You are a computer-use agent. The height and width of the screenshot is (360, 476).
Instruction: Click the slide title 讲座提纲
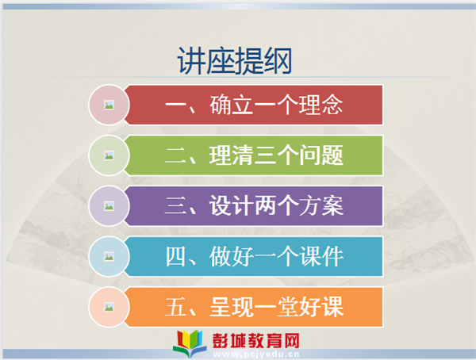[x=234, y=61]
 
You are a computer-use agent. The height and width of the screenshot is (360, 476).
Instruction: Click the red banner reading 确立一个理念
[x=254, y=105]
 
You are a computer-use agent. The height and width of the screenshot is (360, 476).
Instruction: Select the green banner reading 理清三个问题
[x=254, y=155]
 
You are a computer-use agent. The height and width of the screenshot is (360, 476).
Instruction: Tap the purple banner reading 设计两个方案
[x=254, y=206]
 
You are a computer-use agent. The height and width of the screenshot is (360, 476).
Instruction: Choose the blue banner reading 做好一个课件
[x=254, y=256]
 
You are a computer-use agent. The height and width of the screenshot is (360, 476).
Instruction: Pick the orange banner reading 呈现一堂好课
[x=254, y=307]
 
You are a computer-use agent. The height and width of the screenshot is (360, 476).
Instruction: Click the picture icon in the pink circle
[x=109, y=105]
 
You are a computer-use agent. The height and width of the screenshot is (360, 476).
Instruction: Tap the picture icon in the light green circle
[x=109, y=155]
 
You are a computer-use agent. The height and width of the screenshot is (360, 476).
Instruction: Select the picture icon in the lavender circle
[x=109, y=206]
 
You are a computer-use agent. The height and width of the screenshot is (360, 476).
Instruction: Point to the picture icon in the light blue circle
[x=109, y=256]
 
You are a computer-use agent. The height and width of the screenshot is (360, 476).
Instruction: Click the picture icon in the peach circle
[x=109, y=307]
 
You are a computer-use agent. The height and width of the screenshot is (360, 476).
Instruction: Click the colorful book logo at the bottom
[x=190, y=343]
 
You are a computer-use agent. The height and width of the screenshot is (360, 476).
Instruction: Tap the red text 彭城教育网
[x=256, y=340]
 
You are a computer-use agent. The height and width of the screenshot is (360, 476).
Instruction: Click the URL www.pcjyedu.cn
[x=256, y=354]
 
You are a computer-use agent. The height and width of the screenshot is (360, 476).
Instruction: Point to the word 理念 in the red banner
[x=321, y=105]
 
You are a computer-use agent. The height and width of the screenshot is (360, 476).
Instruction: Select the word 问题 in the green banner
[x=321, y=155]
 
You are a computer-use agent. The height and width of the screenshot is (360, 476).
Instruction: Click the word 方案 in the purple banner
[x=321, y=206]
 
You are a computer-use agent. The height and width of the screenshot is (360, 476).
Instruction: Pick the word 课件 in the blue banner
[x=321, y=256]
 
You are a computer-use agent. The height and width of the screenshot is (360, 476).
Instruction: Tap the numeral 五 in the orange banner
[x=175, y=307]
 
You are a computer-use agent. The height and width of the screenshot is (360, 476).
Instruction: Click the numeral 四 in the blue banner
[x=175, y=257]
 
